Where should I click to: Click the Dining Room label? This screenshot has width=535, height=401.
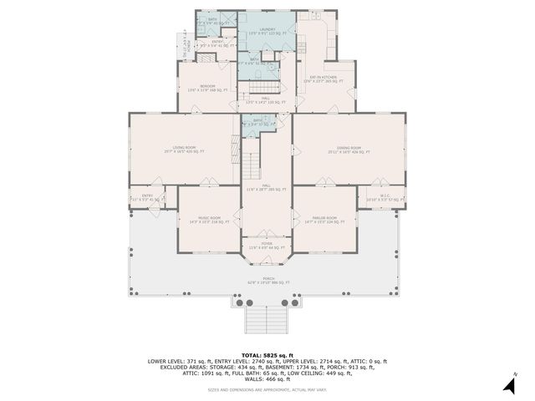(349, 150)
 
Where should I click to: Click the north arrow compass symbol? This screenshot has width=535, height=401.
(507, 384)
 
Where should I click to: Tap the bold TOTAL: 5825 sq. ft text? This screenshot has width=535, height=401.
(267, 355)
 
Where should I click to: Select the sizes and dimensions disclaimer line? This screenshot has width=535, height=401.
(267, 390)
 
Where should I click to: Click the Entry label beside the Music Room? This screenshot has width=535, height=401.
(147, 198)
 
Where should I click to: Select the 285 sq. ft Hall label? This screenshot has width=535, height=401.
(267, 188)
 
